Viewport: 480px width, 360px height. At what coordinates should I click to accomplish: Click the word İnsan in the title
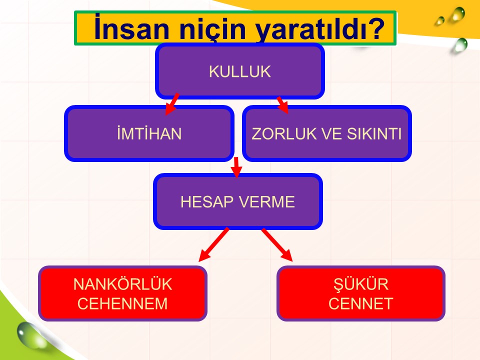pyautogui.click(x=131, y=27)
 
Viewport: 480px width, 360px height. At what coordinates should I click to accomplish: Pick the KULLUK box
pyautogui.click(x=240, y=71)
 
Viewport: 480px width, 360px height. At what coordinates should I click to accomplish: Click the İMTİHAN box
pyautogui.click(x=149, y=133)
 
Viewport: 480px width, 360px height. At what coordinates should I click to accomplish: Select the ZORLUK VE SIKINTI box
pyautogui.click(x=326, y=133)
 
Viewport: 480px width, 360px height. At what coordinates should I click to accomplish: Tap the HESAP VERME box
pyautogui.click(x=238, y=201)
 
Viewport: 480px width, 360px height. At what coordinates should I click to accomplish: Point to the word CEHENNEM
pyautogui.click(x=122, y=303)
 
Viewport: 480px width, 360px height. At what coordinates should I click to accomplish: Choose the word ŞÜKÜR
pyautogui.click(x=361, y=284)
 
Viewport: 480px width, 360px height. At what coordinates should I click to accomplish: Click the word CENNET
pyautogui.click(x=360, y=303)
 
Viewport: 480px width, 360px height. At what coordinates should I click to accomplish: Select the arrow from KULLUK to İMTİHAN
pyautogui.click(x=171, y=104)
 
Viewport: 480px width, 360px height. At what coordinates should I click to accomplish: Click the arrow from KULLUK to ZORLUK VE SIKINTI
pyautogui.click(x=282, y=105)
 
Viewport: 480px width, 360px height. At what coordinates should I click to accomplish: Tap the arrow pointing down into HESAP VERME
pyautogui.click(x=236, y=167)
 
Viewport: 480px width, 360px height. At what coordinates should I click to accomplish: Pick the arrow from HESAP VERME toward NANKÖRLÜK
pyautogui.click(x=213, y=244)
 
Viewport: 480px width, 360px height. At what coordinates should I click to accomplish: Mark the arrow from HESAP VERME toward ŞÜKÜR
pyautogui.click(x=277, y=244)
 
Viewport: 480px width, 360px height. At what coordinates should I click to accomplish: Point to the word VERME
pyautogui.click(x=266, y=201)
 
